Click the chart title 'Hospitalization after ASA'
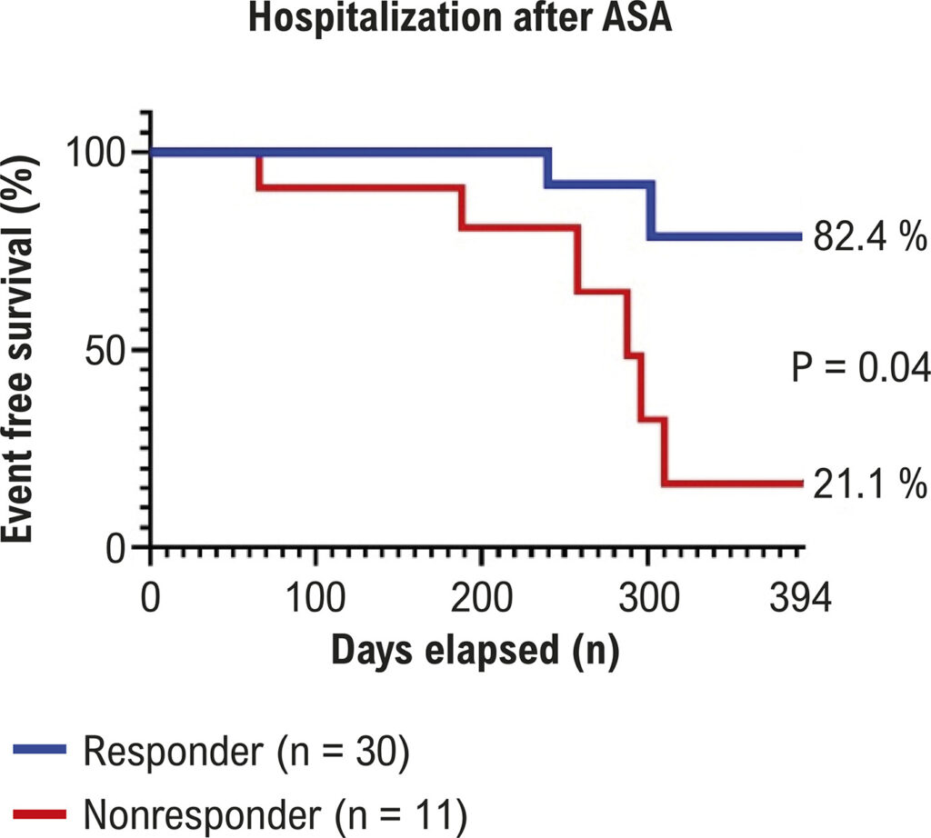coord(460,18)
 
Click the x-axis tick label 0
coord(151,597)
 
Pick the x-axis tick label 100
coord(315,597)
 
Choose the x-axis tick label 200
coord(482,597)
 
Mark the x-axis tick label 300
coord(649,597)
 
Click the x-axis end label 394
coord(800,597)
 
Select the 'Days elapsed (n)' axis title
coord(475,651)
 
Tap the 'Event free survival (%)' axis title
coord(20,349)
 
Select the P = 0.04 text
coord(860,366)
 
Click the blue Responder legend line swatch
coord(39,749)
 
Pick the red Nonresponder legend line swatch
coord(39,814)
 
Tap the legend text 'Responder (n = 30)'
coord(246,752)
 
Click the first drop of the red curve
coord(259,171)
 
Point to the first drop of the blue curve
coord(548,168)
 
